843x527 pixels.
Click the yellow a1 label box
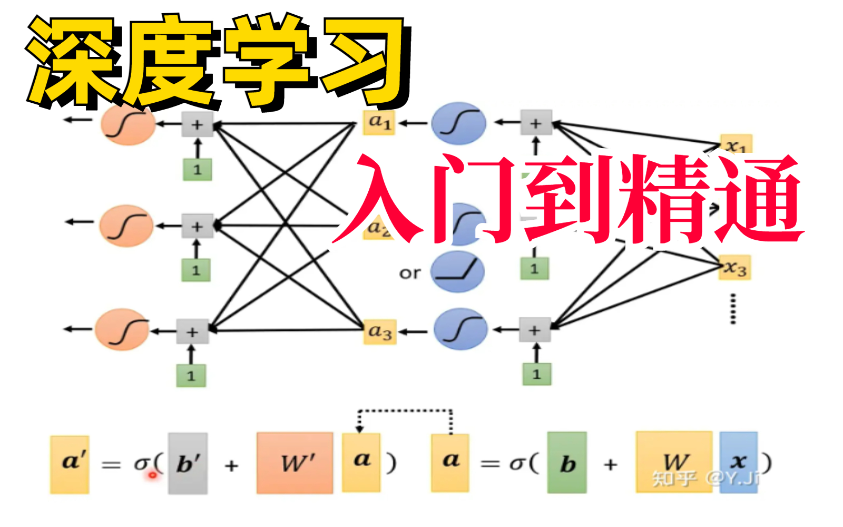tap(379, 123)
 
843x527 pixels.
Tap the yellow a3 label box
tap(380, 332)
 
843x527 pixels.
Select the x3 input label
tap(736, 268)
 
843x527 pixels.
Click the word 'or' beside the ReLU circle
tap(410, 273)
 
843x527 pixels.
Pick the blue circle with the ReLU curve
tap(457, 271)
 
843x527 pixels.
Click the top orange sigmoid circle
tap(128, 124)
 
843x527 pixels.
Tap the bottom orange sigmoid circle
tap(122, 330)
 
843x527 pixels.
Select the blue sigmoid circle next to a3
tap(460, 329)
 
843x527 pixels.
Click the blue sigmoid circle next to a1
tap(458, 124)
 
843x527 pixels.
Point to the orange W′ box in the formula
tap(295, 463)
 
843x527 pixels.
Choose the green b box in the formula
tap(567, 463)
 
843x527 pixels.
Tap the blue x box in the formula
tap(738, 462)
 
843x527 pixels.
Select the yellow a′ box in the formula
tap(70, 463)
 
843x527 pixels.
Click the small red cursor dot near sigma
tap(153, 475)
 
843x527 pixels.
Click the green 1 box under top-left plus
tap(198, 170)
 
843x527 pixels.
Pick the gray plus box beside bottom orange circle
tap(192, 332)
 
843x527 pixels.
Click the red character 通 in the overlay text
tap(759, 200)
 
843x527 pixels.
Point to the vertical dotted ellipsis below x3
tap(733, 309)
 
